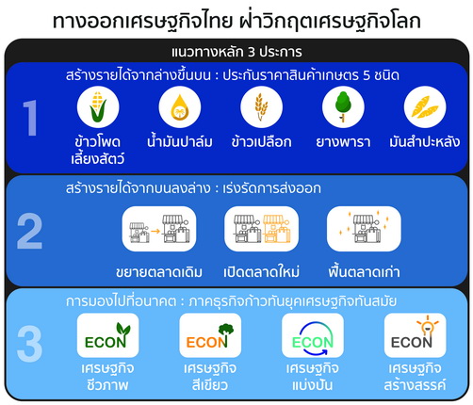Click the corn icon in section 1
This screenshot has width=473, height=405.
98,106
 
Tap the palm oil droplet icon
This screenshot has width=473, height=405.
180,106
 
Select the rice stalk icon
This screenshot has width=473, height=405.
261,106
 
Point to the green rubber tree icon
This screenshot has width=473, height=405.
343,106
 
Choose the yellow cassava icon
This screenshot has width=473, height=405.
425,106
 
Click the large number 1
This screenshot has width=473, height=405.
30,118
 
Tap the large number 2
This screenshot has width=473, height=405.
29,231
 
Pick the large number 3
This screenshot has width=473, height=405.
29,344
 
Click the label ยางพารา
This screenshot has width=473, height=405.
343,142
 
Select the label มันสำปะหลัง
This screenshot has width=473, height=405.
425,141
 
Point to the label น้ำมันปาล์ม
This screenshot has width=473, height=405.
180,141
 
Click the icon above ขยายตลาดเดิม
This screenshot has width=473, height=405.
159,229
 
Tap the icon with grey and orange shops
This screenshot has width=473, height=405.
261,229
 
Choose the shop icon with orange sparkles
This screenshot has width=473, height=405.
364,229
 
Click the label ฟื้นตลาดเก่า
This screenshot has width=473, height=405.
364,271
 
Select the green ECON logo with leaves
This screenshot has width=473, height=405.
107,335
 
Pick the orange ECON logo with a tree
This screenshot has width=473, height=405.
210,335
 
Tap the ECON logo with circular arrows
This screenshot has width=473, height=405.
313,335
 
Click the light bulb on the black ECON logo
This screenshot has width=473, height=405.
428,327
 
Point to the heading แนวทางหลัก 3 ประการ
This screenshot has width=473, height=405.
236,52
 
